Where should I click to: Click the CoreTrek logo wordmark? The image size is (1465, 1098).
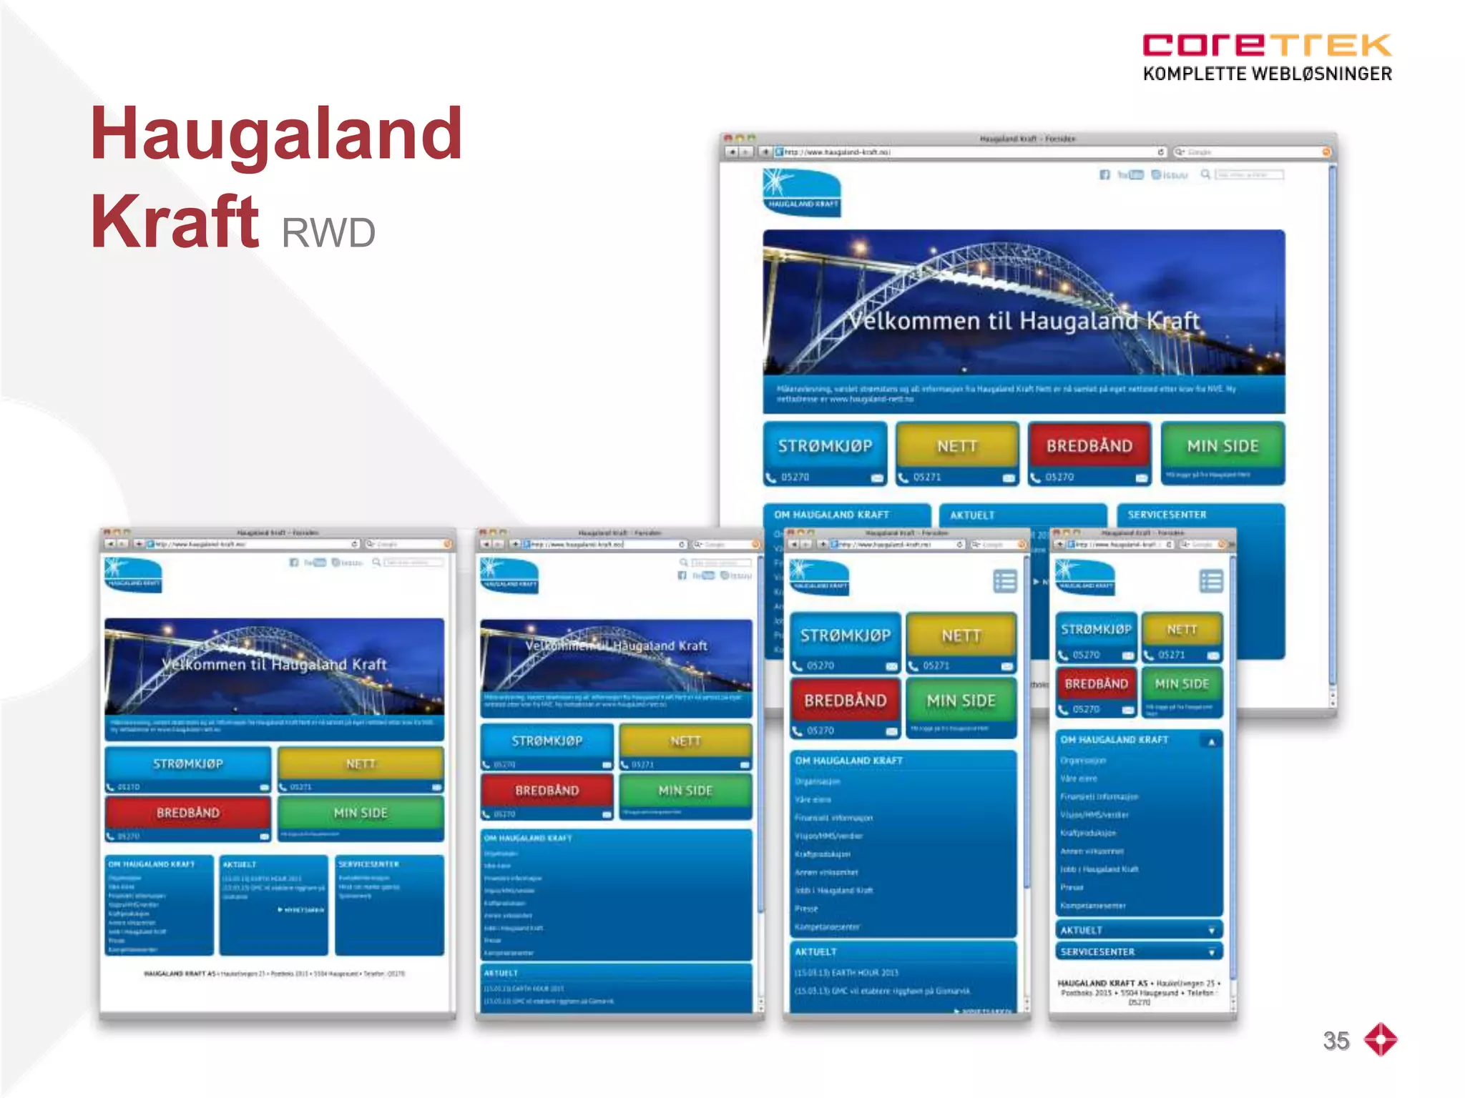1266,45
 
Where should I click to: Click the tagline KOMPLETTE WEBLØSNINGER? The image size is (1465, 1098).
1267,74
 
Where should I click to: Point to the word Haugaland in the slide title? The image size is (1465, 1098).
276,134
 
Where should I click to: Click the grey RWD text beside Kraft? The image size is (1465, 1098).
328,232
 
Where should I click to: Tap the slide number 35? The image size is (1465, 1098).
1336,1040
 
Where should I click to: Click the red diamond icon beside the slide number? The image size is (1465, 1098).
1381,1039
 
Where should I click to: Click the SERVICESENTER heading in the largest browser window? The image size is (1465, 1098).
1167,515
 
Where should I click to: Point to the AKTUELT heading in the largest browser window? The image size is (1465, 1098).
972,515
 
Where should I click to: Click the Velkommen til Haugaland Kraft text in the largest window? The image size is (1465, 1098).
1024,321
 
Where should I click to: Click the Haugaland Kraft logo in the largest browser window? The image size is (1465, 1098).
801,192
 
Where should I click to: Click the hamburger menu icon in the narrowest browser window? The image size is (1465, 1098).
1211,581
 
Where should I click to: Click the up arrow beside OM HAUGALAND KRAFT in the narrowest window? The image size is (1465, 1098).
1211,742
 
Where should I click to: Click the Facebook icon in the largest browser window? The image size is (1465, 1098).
1104,175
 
